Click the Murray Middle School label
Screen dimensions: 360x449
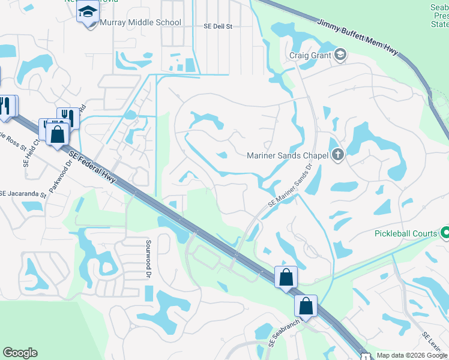(140, 23)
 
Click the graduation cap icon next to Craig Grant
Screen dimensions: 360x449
(340, 56)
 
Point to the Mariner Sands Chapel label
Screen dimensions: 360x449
(287, 155)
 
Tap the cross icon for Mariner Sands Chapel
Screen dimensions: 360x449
(337, 155)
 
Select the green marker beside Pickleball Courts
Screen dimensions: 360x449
(445, 232)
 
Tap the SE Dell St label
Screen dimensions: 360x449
(217, 26)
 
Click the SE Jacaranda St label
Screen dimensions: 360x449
(23, 194)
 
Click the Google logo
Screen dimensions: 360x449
(20, 353)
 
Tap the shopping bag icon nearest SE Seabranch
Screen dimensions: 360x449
(306, 306)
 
